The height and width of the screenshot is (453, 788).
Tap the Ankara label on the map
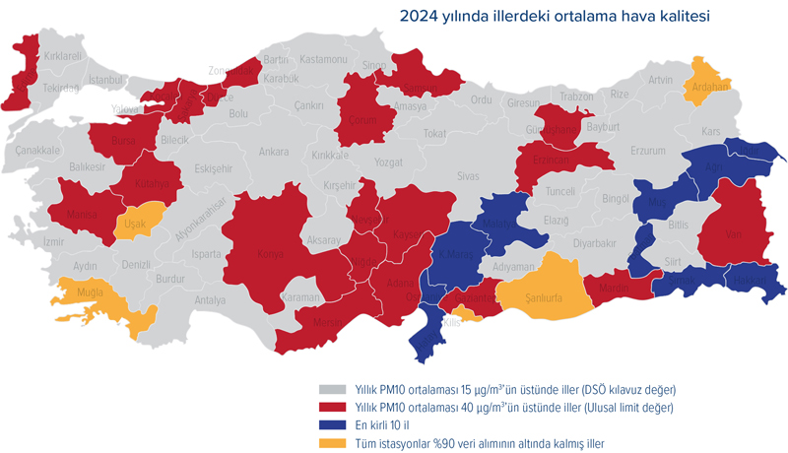(x=273, y=152)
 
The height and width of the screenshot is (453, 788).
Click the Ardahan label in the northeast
(x=710, y=86)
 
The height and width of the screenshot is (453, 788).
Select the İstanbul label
(x=104, y=79)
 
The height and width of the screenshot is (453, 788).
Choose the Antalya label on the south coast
(x=210, y=299)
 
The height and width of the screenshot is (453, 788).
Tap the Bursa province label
(x=123, y=142)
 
